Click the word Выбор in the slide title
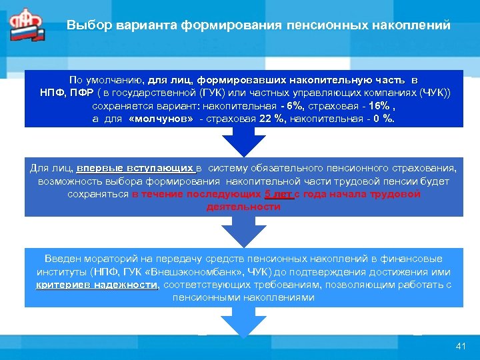pyautogui.click(x=84, y=25)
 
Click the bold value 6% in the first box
pyautogui.click(x=293, y=106)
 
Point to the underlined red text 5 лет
pyautogui.click(x=279, y=194)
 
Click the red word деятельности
pyautogui.click(x=243, y=207)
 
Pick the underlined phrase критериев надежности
pyautogui.click(x=97, y=285)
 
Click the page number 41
pyautogui.click(x=459, y=345)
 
